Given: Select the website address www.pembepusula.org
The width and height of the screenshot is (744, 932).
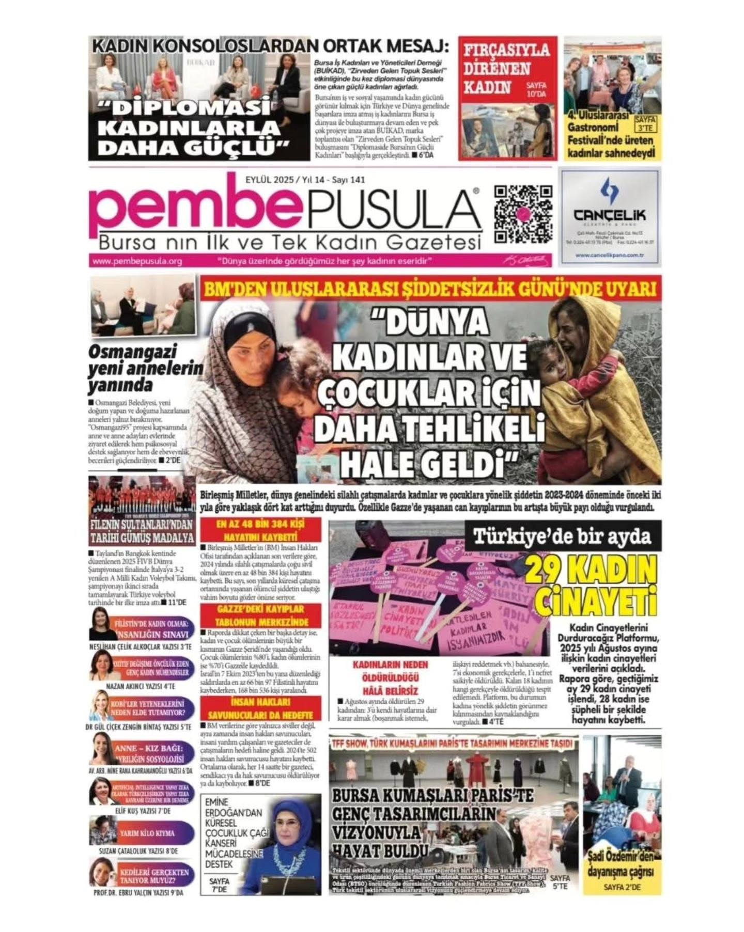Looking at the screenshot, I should [x=137, y=261].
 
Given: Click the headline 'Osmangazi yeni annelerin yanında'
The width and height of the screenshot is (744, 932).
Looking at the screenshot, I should [x=145, y=368].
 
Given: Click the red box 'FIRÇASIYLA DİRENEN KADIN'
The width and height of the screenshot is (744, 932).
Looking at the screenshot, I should [x=506, y=69].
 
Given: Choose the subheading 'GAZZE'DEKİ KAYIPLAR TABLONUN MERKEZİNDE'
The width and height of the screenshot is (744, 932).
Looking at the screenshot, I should [x=260, y=616].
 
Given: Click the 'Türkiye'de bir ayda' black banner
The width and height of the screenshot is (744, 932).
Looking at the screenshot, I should [x=562, y=537].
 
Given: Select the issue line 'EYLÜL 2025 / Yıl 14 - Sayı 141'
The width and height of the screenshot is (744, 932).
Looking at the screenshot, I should [x=305, y=180].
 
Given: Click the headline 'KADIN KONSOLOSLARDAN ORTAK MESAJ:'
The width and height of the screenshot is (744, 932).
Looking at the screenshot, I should [x=268, y=46].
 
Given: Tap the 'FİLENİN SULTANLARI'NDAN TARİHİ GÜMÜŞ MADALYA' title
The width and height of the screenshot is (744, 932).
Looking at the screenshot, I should [x=142, y=531].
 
